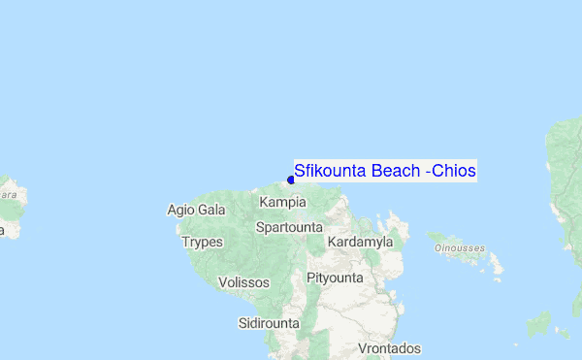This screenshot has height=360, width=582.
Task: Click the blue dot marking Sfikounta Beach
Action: point(291,180)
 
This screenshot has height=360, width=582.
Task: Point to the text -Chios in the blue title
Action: point(451,171)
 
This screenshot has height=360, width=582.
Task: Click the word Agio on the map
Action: point(181,210)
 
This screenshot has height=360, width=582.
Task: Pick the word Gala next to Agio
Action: point(211,210)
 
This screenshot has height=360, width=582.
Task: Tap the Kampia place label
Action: point(283,202)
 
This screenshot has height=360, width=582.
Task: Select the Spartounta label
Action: point(289,227)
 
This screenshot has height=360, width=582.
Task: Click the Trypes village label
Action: point(202,242)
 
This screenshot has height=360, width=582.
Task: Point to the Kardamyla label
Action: point(360,241)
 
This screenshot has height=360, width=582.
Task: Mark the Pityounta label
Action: point(335,278)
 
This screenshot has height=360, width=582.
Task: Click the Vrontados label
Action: point(390,348)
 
